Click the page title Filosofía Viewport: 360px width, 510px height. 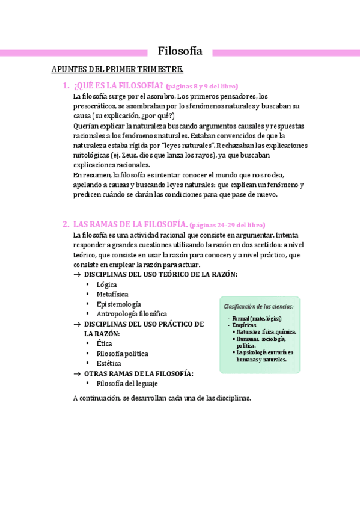click(x=180, y=51)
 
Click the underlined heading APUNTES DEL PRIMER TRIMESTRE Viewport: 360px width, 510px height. click(x=117, y=70)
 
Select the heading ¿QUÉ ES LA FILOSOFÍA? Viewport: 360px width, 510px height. click(x=118, y=85)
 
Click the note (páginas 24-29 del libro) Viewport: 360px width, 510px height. click(x=227, y=224)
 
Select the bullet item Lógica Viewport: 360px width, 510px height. click(x=106, y=284)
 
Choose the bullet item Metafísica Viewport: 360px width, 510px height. click(x=112, y=294)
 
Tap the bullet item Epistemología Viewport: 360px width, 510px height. click(x=118, y=304)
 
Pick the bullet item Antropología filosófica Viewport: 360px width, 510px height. click(x=132, y=313)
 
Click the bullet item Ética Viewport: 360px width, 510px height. click(x=104, y=343)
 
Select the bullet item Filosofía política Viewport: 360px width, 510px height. click(x=122, y=354)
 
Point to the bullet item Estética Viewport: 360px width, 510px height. click(x=108, y=363)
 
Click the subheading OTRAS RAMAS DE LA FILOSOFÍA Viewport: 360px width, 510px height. click(x=138, y=373)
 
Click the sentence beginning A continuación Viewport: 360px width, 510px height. click(x=161, y=398)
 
